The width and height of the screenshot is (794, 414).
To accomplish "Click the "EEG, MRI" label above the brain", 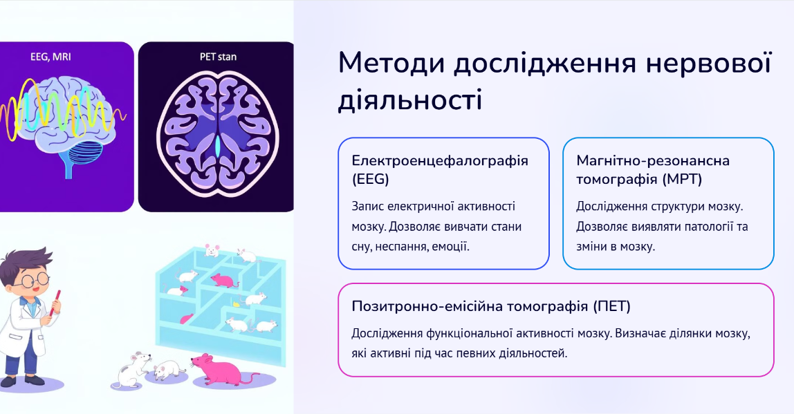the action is coord(50,56).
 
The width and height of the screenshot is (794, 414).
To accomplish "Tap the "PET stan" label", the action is coord(218,56).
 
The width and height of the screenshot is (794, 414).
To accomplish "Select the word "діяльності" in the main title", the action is coord(409,100).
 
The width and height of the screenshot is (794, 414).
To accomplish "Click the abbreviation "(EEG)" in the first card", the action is coord(370,179).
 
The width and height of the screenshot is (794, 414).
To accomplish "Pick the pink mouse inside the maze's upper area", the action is coord(224,280).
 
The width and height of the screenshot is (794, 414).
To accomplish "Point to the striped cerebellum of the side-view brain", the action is coord(85,152).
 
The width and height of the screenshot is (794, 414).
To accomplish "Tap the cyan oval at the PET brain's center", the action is coord(218,147).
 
